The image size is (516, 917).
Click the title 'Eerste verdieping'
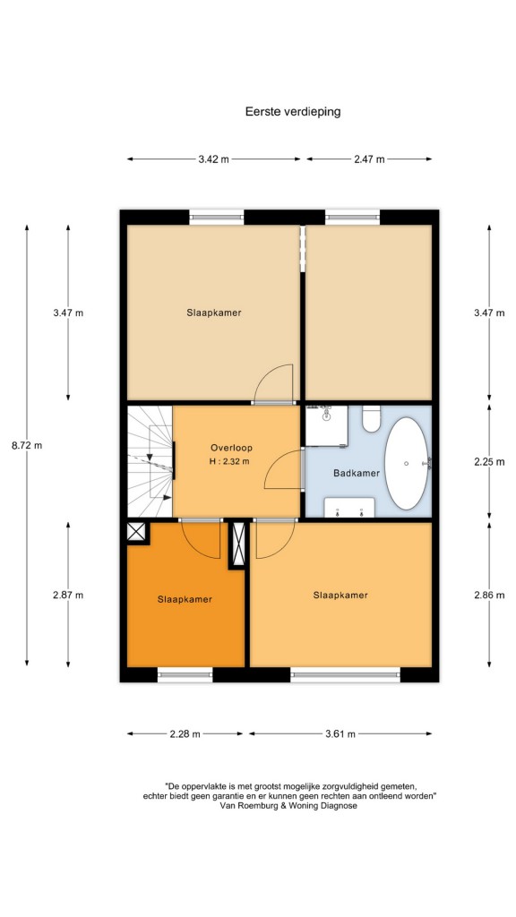tap(293, 111)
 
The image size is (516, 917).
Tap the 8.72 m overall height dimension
tap(27, 445)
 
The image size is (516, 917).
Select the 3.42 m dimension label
tap(213, 159)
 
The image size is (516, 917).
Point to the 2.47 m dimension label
tap(369, 159)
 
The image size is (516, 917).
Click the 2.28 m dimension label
tap(185, 734)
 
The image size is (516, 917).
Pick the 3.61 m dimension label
tap(340, 734)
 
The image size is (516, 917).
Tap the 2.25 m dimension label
tap(489, 461)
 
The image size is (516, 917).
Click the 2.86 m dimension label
tap(489, 596)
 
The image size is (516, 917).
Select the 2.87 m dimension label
tap(68, 596)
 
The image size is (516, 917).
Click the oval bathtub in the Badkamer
tap(408, 463)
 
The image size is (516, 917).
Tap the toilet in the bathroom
tap(371, 419)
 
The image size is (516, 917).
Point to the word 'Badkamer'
tap(357, 473)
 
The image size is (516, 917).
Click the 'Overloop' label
tap(231, 448)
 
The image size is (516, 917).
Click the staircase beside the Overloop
tap(150, 462)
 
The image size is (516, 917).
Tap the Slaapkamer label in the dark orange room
tap(185, 599)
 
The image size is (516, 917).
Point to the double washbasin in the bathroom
tap(349, 508)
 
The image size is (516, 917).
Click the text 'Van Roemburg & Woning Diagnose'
tap(288, 805)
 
